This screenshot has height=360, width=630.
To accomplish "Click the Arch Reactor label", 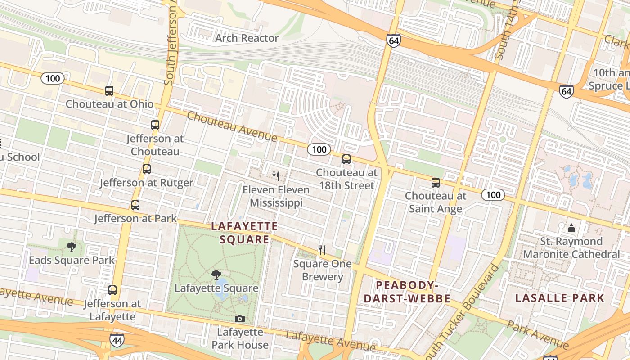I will [247, 38].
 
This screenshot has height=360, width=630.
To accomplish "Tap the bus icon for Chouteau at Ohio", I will [109, 91].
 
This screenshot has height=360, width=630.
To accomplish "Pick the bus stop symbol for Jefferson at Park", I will [135, 205].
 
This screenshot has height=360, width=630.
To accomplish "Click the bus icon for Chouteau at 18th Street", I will [346, 159].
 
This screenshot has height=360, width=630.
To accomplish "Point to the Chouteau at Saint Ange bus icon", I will [435, 183].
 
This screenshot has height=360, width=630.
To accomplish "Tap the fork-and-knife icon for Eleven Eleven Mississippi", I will [276, 176].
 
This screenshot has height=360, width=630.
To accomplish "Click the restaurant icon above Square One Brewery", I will [322, 250].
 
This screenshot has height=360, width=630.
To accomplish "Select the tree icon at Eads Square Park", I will [71, 247].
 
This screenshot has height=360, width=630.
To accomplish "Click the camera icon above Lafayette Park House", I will [240, 319].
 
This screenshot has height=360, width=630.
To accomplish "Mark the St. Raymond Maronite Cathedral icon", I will [571, 228].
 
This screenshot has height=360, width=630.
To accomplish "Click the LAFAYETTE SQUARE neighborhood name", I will [245, 233].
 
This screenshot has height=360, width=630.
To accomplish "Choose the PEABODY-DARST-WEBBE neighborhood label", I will [407, 292].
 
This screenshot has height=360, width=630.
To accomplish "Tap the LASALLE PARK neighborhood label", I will [560, 298].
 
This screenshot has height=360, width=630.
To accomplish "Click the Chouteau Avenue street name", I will [232, 126].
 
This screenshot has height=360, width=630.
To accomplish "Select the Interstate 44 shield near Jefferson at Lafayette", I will [117, 340].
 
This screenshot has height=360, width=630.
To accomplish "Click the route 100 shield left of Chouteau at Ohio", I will [53, 79].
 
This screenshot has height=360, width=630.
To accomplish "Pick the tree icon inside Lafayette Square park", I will [216, 275].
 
